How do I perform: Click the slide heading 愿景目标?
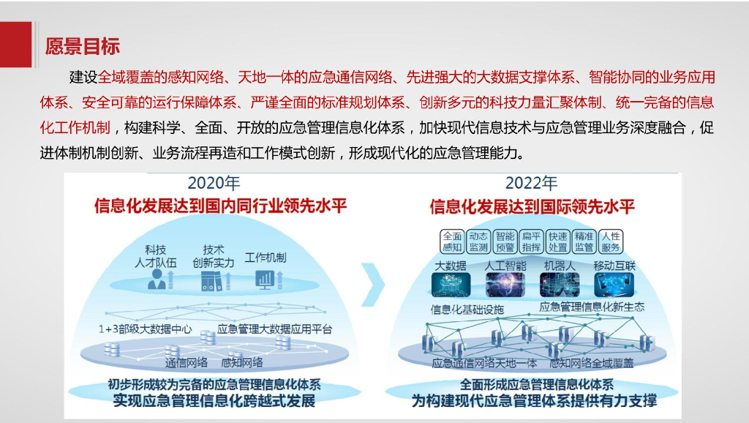82,46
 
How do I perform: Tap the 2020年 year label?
214,183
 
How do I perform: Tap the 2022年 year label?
531,183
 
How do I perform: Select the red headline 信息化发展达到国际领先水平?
532,206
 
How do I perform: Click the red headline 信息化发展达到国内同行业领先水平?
220,206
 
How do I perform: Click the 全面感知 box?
452,242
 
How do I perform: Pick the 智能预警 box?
505,242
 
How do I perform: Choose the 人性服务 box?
610,242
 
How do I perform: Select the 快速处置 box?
557,242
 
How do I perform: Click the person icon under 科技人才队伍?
155,280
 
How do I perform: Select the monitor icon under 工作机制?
264,280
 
